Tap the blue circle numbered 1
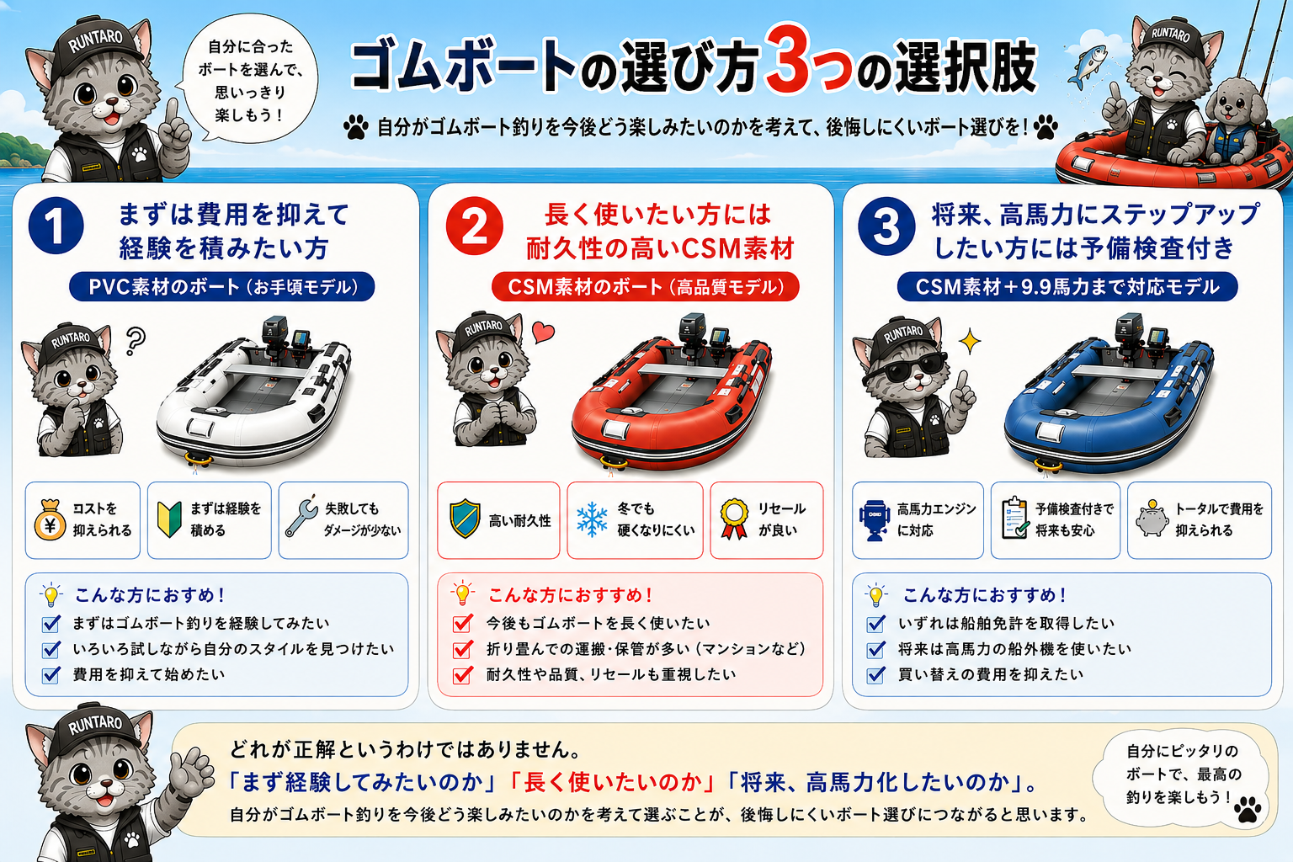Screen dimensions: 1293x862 [56, 226]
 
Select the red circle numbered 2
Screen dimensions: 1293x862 [475, 226]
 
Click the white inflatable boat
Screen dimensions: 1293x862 [254, 392]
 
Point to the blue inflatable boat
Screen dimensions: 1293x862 [1109, 392]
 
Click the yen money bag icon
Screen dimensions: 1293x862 [50, 519]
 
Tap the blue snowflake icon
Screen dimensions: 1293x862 [592, 519]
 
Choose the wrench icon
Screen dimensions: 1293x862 [301, 516]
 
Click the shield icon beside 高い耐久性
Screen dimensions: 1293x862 [466, 519]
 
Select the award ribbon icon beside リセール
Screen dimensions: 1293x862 [734, 519]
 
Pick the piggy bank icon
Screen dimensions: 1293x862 [1152, 519]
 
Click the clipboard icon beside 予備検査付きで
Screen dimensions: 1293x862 [1014, 518]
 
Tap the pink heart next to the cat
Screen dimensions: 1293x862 [543, 332]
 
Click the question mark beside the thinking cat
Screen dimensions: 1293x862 [136, 341]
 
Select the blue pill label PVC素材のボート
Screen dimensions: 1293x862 [221, 287]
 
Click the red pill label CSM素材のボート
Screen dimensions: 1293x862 [646, 287]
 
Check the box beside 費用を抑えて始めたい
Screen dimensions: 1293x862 [51, 675]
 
